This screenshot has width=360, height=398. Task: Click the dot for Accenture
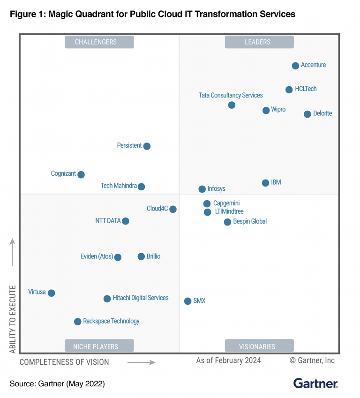(x=295, y=66)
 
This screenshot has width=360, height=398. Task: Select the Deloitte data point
(x=307, y=114)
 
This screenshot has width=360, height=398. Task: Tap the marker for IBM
(x=265, y=183)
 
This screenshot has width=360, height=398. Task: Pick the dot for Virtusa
(x=52, y=293)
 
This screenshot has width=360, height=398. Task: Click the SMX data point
(x=187, y=301)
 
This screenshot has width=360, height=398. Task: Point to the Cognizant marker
(x=81, y=174)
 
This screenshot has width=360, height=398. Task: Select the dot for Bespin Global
(x=227, y=222)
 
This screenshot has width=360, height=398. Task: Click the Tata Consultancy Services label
(x=231, y=95)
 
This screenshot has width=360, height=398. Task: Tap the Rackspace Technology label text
(x=111, y=321)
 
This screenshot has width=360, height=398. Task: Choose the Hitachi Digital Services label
(x=140, y=298)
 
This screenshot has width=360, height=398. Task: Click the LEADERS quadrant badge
(x=259, y=42)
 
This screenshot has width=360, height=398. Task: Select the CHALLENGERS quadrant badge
(x=99, y=42)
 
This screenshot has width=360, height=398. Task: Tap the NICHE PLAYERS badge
(x=99, y=346)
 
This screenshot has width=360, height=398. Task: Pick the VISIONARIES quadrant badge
(x=259, y=346)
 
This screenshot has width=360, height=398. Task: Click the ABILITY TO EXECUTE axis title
(x=13, y=319)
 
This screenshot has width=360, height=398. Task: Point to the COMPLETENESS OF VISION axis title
(x=64, y=362)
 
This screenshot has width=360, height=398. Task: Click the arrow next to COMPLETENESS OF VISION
(x=141, y=362)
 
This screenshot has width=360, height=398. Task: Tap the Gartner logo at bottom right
(x=315, y=383)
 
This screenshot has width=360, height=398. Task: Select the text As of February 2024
(x=228, y=360)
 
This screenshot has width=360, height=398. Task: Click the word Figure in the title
(x=23, y=14)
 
